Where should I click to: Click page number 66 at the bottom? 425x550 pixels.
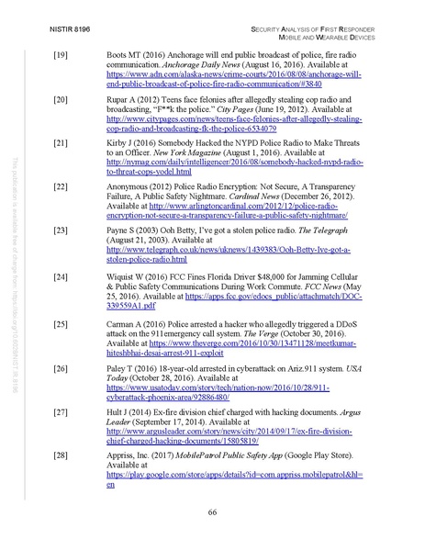point(211,511)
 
